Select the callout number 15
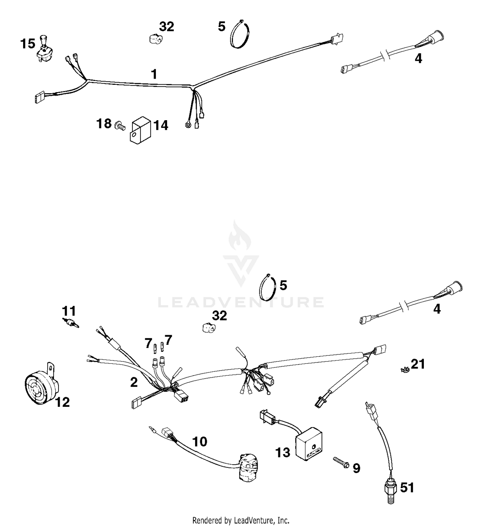coord(28,44)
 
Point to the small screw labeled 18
coord(120,125)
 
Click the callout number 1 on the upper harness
coord(154,74)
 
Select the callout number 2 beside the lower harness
coord(134,382)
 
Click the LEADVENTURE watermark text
coord(241,302)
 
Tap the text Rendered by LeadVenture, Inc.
coord(241,520)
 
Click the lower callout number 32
coord(219,316)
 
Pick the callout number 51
coord(407,487)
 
